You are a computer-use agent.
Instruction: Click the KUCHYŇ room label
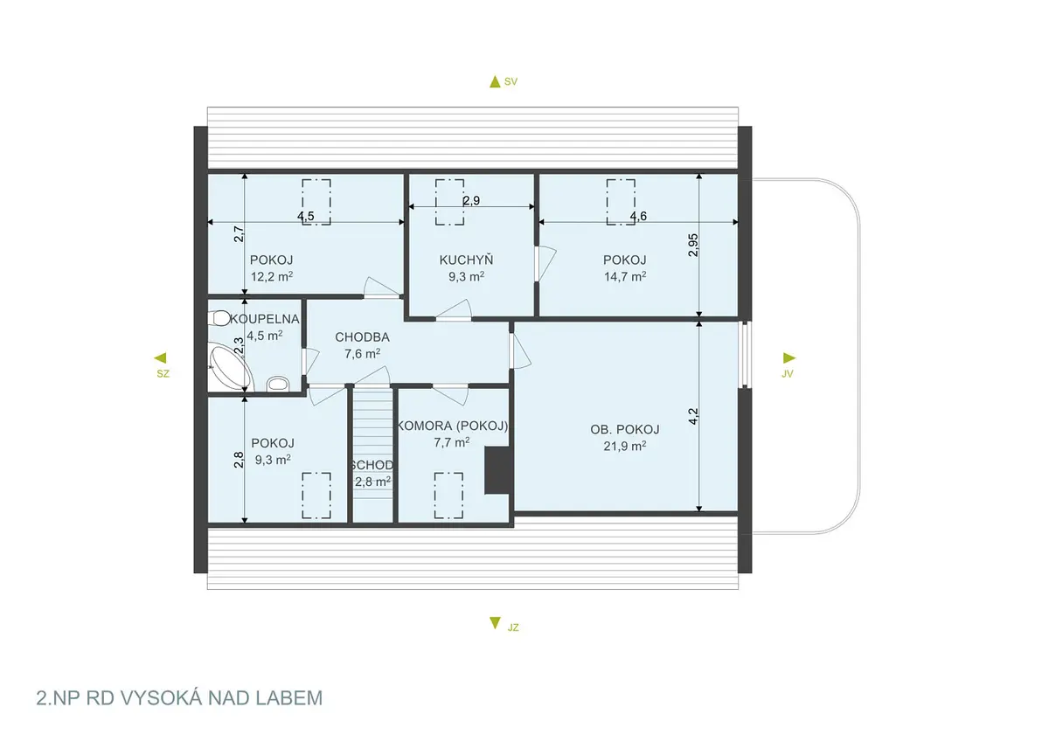pyautogui.click(x=466, y=260)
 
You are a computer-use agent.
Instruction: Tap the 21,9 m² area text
pyautogui.click(x=625, y=446)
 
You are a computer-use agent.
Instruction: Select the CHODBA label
pyautogui.click(x=362, y=337)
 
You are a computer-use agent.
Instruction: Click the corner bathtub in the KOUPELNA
pyautogui.click(x=231, y=366)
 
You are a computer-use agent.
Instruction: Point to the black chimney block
pyautogui.click(x=497, y=470)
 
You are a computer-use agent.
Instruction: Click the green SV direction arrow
pyautogui.click(x=495, y=82)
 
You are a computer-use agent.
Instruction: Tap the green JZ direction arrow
pyautogui.click(x=495, y=623)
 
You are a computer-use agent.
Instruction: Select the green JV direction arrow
pyautogui.click(x=789, y=358)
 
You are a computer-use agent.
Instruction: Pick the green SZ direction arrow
pyautogui.click(x=160, y=358)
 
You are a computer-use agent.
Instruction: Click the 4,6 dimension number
pyautogui.click(x=638, y=216)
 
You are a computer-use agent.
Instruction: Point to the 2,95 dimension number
pyautogui.click(x=693, y=245)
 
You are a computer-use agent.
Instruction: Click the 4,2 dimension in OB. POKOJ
pyautogui.click(x=693, y=416)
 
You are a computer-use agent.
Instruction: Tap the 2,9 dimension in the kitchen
pyautogui.click(x=471, y=200)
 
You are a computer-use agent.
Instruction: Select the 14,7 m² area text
pyautogui.click(x=625, y=277)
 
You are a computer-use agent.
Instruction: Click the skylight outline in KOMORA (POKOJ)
pyautogui.click(x=448, y=496)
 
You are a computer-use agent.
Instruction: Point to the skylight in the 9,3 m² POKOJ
pyautogui.click(x=316, y=496)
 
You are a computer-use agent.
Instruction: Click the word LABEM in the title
pyautogui.click(x=289, y=698)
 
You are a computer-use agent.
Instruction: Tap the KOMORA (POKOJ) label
pyautogui.click(x=453, y=426)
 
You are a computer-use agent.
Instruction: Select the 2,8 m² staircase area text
pyautogui.click(x=372, y=482)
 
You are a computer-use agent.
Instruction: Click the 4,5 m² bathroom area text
pyautogui.click(x=265, y=336)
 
